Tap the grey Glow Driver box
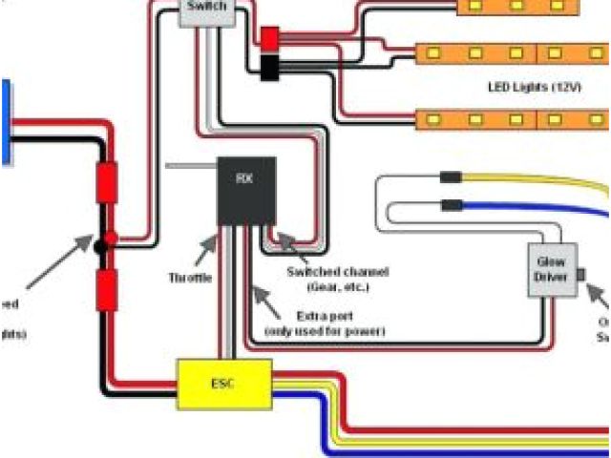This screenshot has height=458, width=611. click(x=550, y=268)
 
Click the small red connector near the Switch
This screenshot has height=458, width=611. click(x=269, y=38)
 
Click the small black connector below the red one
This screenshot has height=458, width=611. click(x=269, y=67)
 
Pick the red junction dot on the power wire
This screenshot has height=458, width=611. click(x=111, y=238)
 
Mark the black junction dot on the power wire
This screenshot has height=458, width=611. click(x=99, y=247)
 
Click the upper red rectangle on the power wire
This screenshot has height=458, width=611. click(x=106, y=181)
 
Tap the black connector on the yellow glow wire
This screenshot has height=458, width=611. click(x=450, y=177)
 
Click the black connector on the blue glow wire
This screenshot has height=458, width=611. click(x=450, y=204)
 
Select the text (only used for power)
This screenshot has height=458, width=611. click(x=325, y=331)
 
